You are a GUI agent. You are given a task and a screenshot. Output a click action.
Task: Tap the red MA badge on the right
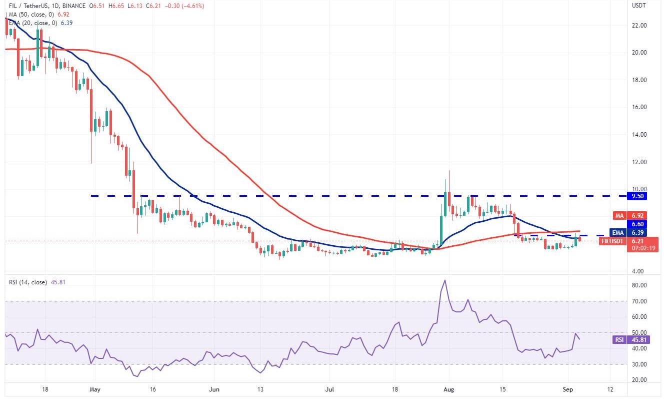[619, 215]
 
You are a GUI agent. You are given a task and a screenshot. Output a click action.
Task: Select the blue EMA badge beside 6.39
[617, 233]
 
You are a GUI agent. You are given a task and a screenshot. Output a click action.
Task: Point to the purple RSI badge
[619, 340]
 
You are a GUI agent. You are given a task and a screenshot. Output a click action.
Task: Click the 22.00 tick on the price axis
[639, 26]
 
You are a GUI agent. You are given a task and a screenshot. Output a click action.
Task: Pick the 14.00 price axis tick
[639, 135]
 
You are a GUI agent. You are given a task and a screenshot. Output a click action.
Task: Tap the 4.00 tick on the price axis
[638, 271]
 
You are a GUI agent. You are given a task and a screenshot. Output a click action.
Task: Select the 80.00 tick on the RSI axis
[639, 285]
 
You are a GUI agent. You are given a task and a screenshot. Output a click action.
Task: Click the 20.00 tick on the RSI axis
[639, 380]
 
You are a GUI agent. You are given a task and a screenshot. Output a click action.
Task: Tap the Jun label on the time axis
[214, 389]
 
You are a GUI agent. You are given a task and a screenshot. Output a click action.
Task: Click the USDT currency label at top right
[639, 6]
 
